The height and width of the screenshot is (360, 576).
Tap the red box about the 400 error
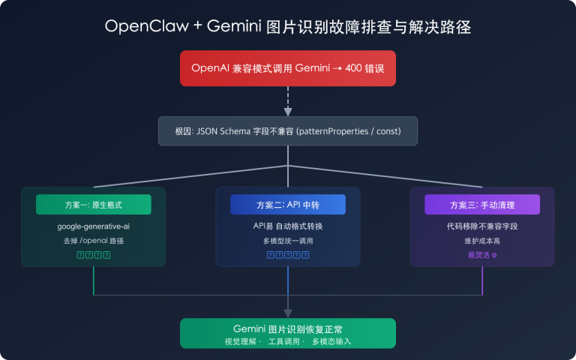(288, 68)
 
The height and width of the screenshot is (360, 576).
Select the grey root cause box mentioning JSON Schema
(288, 130)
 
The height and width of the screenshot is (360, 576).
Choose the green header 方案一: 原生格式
(94, 205)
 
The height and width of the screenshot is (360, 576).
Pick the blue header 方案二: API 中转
(288, 205)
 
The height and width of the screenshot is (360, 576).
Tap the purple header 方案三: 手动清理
(482, 205)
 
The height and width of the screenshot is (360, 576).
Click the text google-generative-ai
(94, 226)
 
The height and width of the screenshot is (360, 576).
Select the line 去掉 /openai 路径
(94, 241)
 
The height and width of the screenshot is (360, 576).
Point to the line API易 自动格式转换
(288, 226)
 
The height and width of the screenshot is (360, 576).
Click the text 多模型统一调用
(288, 241)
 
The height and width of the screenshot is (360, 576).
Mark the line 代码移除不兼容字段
(482, 226)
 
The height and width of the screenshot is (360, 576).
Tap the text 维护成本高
(482, 241)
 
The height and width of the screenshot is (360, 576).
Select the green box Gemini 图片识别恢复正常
(288, 333)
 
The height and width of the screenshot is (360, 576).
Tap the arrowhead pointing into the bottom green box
(288, 313)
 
